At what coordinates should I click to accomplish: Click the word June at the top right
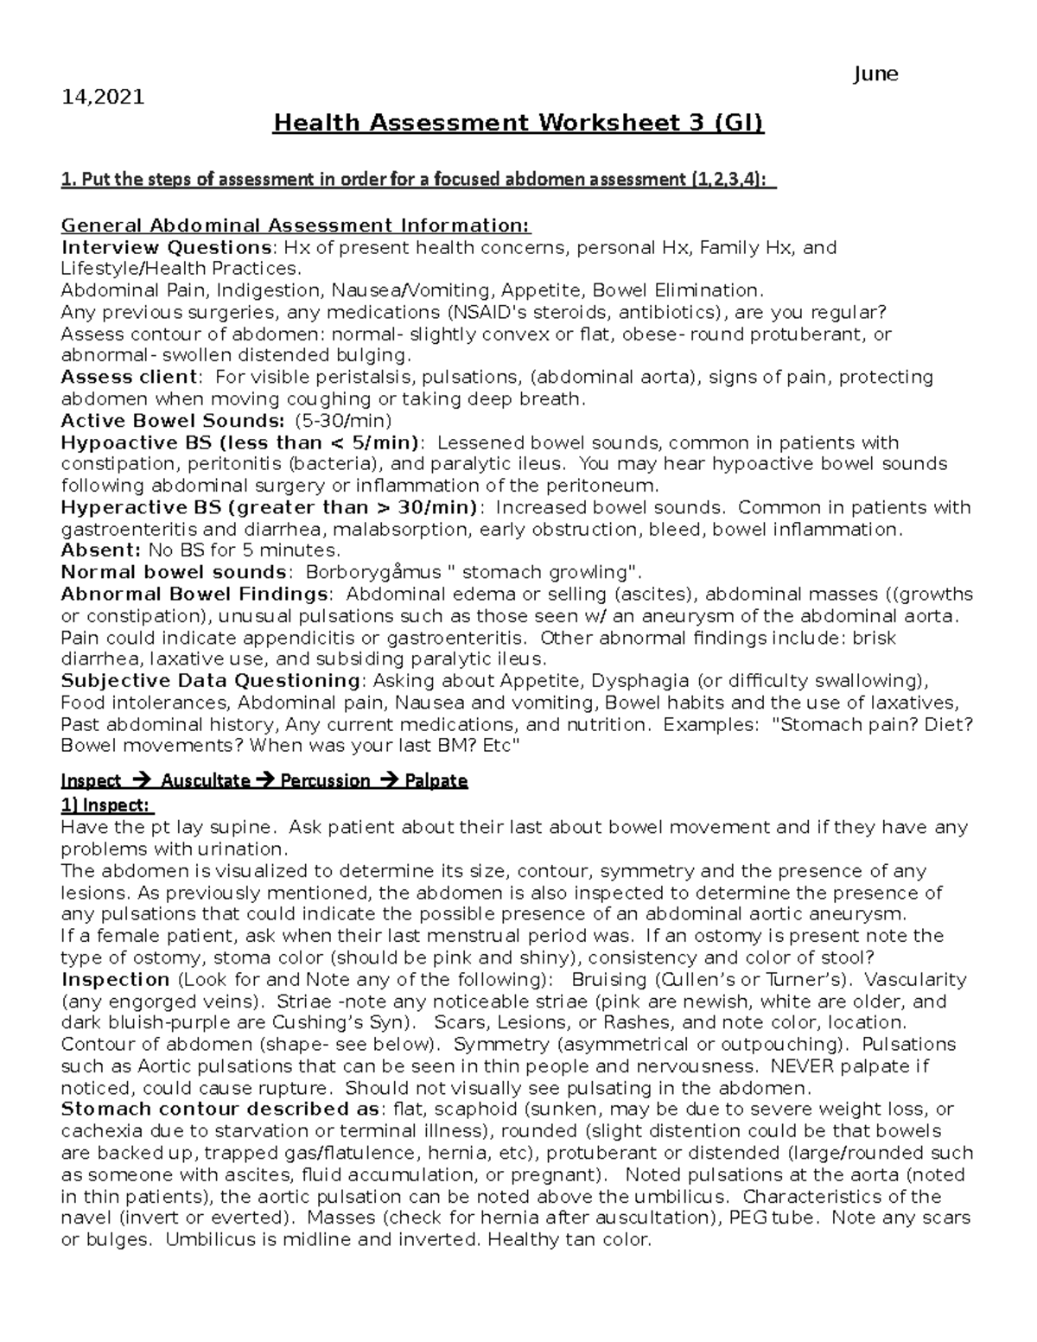[875, 74]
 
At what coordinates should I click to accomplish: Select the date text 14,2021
[102, 97]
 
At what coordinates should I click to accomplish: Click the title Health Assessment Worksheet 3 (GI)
[518, 124]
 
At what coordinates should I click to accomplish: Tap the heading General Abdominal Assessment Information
[296, 226]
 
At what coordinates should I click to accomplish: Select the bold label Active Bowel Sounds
[172, 421]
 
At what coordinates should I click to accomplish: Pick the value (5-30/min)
[343, 421]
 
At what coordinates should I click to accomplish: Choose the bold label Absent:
[100, 550]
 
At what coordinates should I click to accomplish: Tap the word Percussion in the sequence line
[324, 781]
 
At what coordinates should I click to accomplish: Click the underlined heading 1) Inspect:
[106, 805]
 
